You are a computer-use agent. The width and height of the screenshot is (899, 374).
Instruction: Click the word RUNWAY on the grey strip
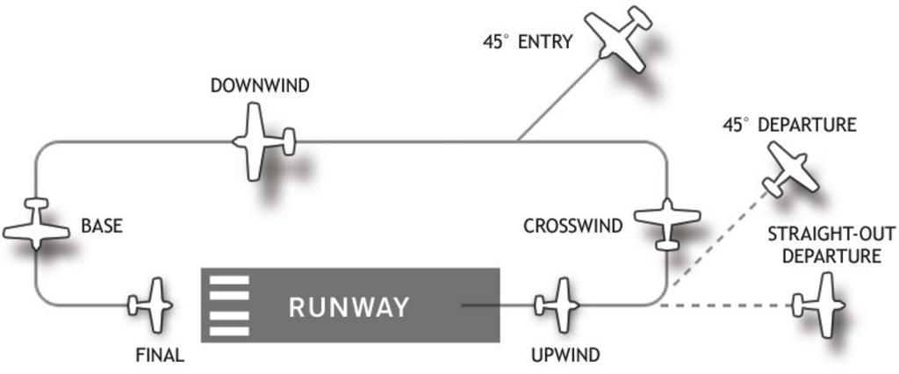[x=349, y=307]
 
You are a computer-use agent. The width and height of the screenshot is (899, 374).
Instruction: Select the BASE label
[x=102, y=226]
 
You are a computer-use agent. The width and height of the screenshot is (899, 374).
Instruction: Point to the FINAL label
[x=160, y=356]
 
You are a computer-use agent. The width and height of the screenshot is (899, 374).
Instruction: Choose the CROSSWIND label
[x=572, y=226]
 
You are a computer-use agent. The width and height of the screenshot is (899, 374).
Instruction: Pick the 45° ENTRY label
[x=528, y=41]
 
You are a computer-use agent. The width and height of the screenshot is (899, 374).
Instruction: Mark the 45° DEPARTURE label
[x=788, y=126]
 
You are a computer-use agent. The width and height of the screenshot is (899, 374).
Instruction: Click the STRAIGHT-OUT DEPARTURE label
[x=824, y=245]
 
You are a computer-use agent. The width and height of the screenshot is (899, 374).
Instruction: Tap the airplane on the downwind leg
[x=260, y=141]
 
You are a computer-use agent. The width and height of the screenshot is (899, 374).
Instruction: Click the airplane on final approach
[x=153, y=305]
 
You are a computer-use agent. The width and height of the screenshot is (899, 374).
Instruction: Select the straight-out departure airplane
[x=821, y=305]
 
